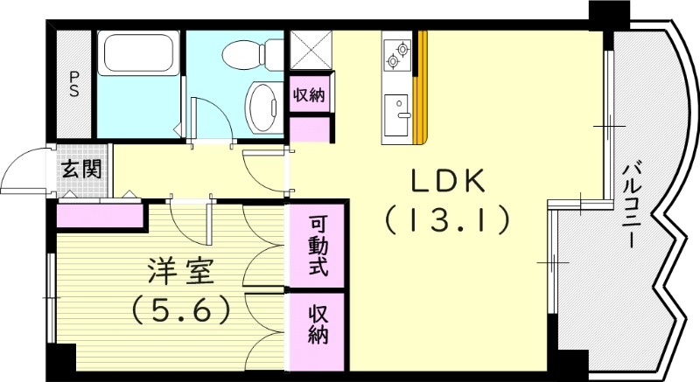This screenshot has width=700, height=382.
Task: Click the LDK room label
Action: [448, 181]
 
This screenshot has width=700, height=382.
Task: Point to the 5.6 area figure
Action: [181, 309]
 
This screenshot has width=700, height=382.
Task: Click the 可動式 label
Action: [318, 246]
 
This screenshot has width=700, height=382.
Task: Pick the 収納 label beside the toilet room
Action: [310, 95]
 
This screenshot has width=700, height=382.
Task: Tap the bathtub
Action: [139, 54]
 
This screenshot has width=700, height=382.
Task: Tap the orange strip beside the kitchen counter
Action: [423, 87]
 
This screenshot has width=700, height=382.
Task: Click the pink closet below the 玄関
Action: [99, 215]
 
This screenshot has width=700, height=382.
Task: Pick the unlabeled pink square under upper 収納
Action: [310, 128]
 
